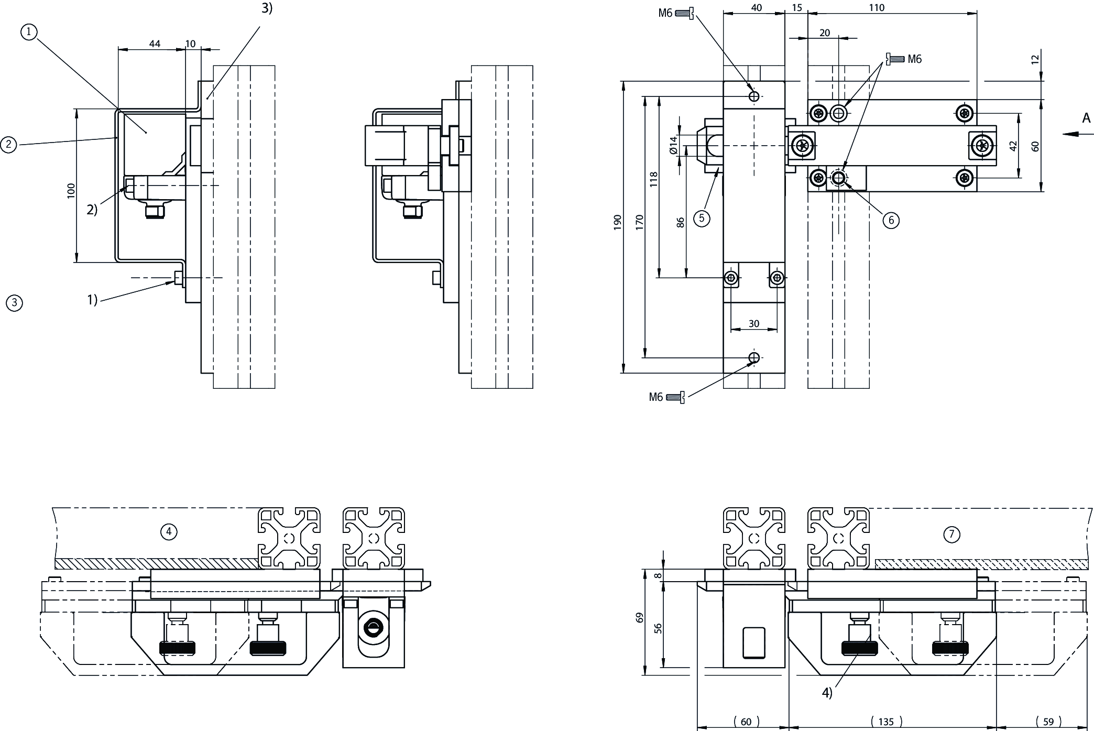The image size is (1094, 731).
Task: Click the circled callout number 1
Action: click(29, 32)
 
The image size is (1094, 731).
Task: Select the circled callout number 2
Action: click(8, 144)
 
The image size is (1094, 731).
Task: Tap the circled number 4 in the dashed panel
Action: click(169, 532)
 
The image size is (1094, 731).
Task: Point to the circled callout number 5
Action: click(702, 218)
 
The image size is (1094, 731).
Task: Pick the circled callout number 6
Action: click(891, 220)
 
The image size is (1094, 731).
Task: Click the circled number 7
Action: click(951, 534)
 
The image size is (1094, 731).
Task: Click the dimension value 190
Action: click(617, 222)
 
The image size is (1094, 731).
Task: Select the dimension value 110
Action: click(876, 8)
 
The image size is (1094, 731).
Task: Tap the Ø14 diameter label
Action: click(674, 145)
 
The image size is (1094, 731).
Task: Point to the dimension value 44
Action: click(155, 44)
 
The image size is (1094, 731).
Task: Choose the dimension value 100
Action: click(71, 190)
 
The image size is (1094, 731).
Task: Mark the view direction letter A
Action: click(1087, 118)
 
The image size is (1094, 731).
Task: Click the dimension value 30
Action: click(753, 324)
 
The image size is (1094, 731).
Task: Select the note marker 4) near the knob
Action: click(827, 693)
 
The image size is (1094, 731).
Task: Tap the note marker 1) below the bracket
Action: click(92, 300)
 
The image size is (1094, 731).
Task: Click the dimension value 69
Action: click(639, 618)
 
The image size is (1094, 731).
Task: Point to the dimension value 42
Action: click(1013, 146)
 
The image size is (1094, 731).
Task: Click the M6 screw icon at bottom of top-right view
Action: click(675, 398)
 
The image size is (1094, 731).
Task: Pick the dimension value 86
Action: click(681, 222)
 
